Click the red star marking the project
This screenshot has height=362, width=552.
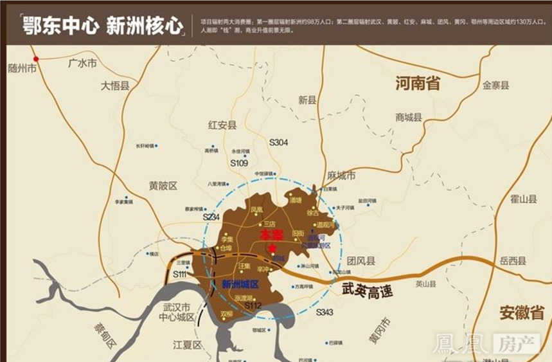coord(272,249)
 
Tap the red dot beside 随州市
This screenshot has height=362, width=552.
coord(36,59)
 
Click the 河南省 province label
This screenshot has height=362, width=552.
coord(418,83)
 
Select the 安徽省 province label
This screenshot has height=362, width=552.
coord(522,313)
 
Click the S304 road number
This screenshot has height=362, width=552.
coord(278,142)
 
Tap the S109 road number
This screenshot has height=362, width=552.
coord(239,163)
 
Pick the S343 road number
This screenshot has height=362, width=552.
coord(325,312)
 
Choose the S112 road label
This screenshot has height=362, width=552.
coord(253,306)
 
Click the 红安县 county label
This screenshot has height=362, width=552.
coord(222,125)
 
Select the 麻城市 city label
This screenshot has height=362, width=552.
coord(341,176)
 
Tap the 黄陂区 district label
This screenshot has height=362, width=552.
coord(163,185)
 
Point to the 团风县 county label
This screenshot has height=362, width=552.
coord(361,261)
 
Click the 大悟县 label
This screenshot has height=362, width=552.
coord(115,86)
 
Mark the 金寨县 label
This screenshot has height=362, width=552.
coord(495,85)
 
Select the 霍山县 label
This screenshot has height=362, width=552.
coord(523,199)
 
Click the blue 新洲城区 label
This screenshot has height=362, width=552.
coord(240,284)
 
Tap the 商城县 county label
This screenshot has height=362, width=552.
coord(409,117)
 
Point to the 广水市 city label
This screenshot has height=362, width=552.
coord(82,63)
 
